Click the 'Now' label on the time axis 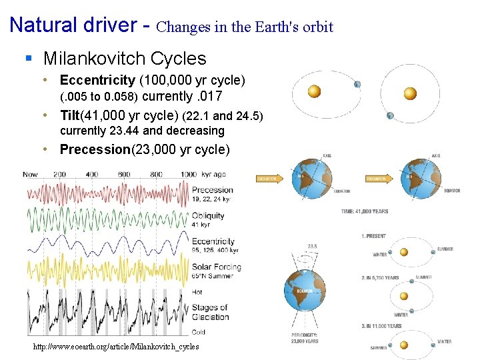click(30, 175)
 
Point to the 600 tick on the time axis click(123, 175)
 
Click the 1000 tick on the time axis click(189, 175)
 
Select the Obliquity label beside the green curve click(208, 216)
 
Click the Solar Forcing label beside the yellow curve click(216, 267)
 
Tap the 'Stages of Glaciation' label click(210, 312)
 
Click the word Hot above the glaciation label click(198, 291)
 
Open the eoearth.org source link click(116, 347)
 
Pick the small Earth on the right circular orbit click(390, 116)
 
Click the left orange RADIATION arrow click(269, 179)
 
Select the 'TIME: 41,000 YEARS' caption click(365, 211)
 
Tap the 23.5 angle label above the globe click(313, 245)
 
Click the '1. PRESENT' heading click(374, 236)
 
